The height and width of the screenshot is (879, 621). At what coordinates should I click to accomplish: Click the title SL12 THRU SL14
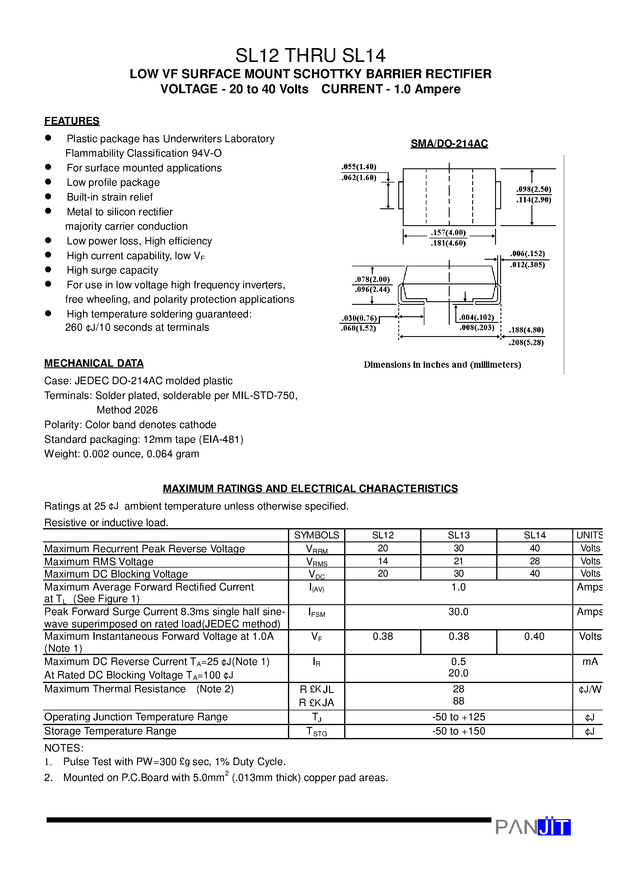(310, 56)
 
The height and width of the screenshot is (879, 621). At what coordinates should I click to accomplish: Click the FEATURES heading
(72, 121)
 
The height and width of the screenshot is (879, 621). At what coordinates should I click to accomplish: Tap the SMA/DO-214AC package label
(449, 144)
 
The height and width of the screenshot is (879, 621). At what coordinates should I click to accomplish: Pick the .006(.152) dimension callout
(527, 253)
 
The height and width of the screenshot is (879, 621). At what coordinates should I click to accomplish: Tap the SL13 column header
(458, 535)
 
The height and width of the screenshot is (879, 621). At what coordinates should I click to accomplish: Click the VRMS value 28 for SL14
(534, 561)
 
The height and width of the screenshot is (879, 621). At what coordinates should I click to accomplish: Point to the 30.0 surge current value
(458, 611)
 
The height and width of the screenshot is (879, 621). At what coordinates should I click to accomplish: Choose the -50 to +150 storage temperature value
(458, 731)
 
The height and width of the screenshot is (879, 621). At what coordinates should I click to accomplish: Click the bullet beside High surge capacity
(48, 270)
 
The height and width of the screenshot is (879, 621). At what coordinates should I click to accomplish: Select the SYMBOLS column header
(316, 535)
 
